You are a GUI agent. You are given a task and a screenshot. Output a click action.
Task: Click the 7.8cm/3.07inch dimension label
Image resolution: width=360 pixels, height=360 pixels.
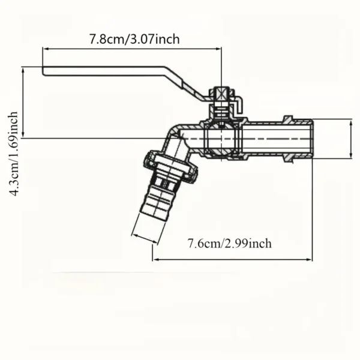pos(134,40)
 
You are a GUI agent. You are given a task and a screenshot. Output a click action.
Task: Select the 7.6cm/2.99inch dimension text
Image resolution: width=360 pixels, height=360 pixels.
pos(229,243)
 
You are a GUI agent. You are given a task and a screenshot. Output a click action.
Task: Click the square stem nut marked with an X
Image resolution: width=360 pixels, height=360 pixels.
pos(222,94)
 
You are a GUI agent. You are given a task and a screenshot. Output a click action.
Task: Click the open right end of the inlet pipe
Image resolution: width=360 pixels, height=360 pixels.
pos(311,139)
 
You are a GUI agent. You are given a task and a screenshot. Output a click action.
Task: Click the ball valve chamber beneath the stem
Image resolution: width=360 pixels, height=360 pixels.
pos(221,139)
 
